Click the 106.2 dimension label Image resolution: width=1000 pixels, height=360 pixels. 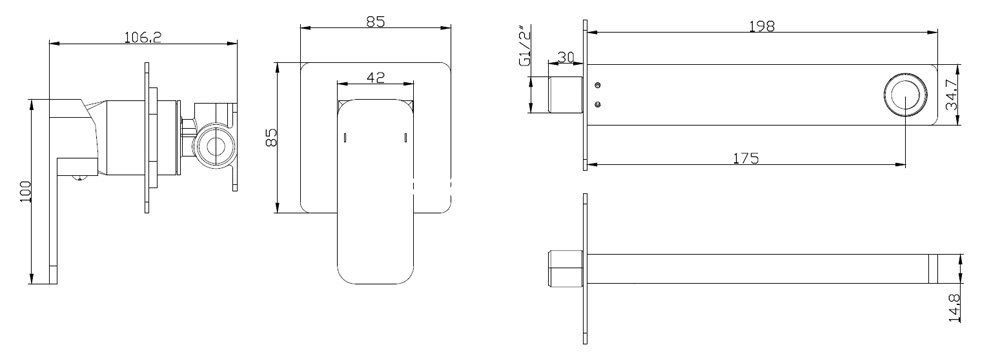pyautogui.click(x=143, y=37)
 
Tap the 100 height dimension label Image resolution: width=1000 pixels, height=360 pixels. pyautogui.click(x=26, y=191)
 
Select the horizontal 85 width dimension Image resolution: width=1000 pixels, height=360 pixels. pyautogui.click(x=376, y=21)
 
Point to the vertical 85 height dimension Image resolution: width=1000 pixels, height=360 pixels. pyautogui.click(x=272, y=137)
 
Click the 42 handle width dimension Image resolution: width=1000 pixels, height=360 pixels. pyautogui.click(x=376, y=77)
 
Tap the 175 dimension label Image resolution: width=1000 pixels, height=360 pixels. pyautogui.click(x=746, y=158)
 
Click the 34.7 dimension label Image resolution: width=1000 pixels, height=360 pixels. pyautogui.click(x=952, y=94)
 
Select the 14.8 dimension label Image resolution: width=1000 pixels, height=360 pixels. pyautogui.click(x=955, y=308)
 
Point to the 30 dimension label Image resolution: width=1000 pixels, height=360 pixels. pyautogui.click(x=566, y=57)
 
